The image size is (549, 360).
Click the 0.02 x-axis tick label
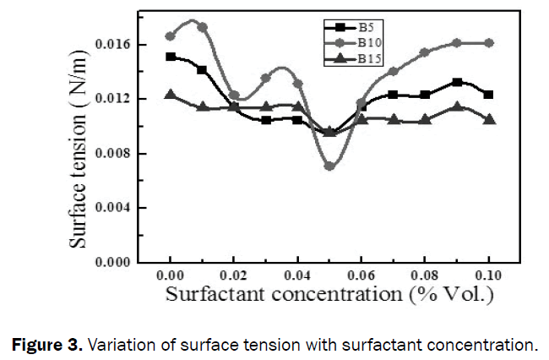pyautogui.click(x=234, y=275)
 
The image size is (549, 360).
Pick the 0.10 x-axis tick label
pyautogui.click(x=488, y=275)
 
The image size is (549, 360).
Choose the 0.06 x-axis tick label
pyautogui.click(x=361, y=275)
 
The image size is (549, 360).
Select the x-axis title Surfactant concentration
pyautogui.click(x=329, y=295)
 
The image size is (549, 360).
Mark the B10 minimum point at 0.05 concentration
pyautogui.click(x=329, y=166)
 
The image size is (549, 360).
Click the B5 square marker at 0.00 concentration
pyautogui.click(x=171, y=57)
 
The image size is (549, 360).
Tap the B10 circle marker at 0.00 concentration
pyautogui.click(x=171, y=36)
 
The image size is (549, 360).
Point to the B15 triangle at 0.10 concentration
pyautogui.click(x=489, y=120)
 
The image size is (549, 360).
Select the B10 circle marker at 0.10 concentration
pyautogui.click(x=489, y=42)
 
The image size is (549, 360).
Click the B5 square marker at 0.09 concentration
pyautogui.click(x=457, y=82)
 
